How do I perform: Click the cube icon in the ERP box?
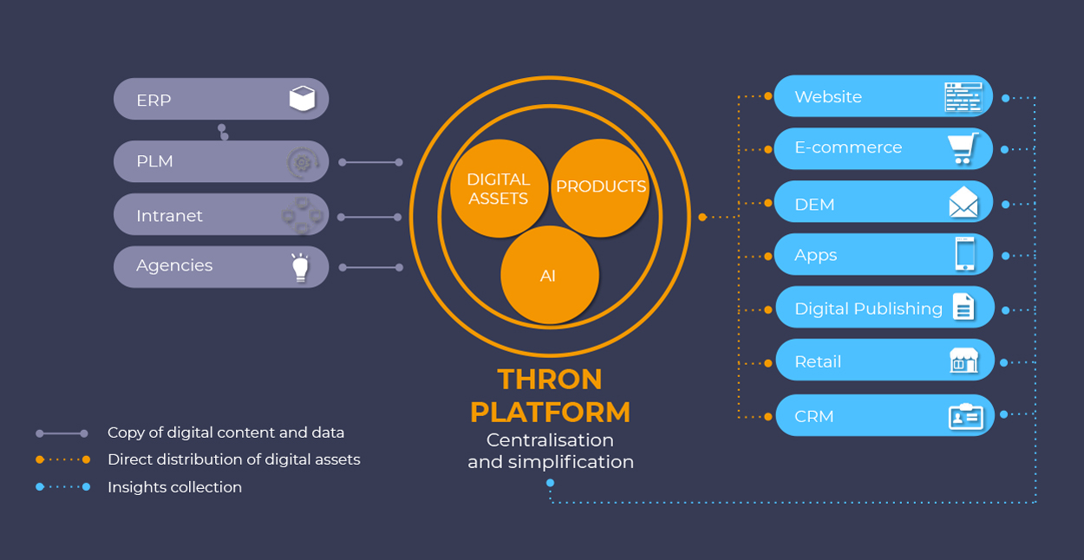[x=302, y=99]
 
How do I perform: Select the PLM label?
[x=154, y=161]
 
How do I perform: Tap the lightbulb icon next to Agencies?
[x=300, y=267]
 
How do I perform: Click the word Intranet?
[x=169, y=215]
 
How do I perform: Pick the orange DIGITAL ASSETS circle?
[x=498, y=188]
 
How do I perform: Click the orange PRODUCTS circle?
[x=601, y=186]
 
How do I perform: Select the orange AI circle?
[x=549, y=276]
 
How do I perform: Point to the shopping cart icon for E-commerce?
[x=963, y=148]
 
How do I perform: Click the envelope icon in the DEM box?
[x=963, y=204]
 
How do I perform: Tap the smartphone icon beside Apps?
[x=964, y=255]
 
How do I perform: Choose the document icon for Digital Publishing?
[x=963, y=308]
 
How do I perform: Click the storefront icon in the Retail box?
[x=963, y=361]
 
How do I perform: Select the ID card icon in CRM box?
[x=965, y=416]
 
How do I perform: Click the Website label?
[x=828, y=96]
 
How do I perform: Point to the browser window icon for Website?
[x=963, y=96]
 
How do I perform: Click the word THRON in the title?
[x=550, y=379]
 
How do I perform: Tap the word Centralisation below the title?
[x=550, y=440]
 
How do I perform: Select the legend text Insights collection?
[x=174, y=487]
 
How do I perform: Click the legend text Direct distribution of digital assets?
[x=233, y=459]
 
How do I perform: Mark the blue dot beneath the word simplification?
[x=550, y=483]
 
